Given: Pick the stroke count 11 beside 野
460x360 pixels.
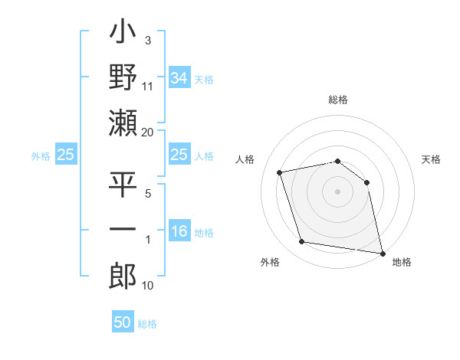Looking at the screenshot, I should (148, 86).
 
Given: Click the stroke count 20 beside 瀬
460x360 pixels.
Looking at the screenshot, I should (148, 132).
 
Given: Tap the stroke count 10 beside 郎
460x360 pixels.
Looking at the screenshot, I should (148, 286).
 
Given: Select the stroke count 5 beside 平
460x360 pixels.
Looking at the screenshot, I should (148, 193).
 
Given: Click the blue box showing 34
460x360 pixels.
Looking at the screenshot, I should (179, 77).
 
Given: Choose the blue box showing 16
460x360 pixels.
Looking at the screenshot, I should (179, 231).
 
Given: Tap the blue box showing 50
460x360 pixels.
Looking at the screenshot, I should (123, 322).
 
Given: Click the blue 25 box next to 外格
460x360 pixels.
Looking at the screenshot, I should (66, 155).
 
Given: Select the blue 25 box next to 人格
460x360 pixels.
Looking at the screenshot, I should (179, 155).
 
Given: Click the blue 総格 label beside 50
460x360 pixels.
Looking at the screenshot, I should (147, 324).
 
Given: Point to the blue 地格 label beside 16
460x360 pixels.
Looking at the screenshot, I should (204, 233).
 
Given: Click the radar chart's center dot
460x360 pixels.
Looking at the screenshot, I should (337, 191).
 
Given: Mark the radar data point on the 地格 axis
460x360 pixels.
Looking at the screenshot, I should (381, 253).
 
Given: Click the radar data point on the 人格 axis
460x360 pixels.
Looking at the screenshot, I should (280, 172).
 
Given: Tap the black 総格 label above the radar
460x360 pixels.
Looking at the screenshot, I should (338, 100).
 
